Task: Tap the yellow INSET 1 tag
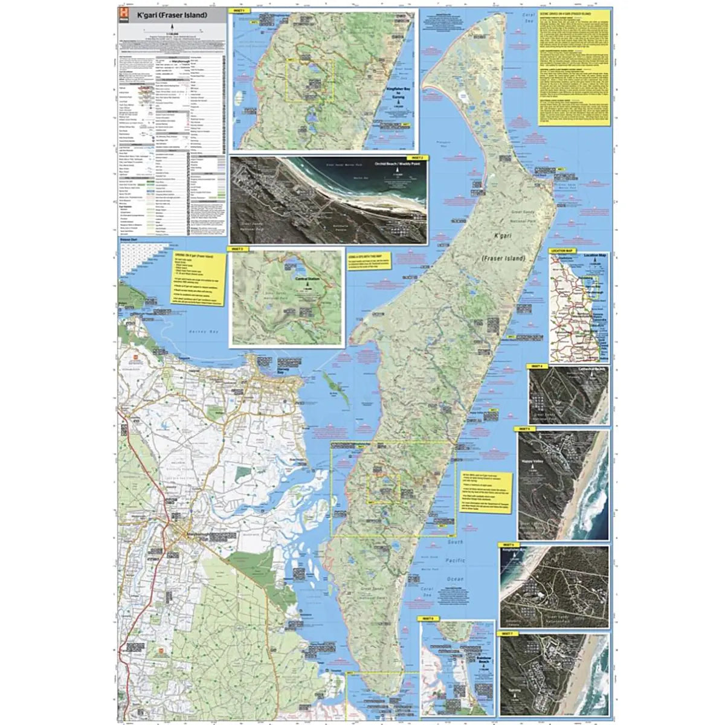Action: [x=235, y=11]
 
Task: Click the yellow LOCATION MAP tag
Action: [x=561, y=250]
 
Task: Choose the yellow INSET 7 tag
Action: [x=506, y=633]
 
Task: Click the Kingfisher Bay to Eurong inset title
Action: [x=397, y=91]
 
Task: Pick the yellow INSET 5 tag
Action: [x=524, y=428]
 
